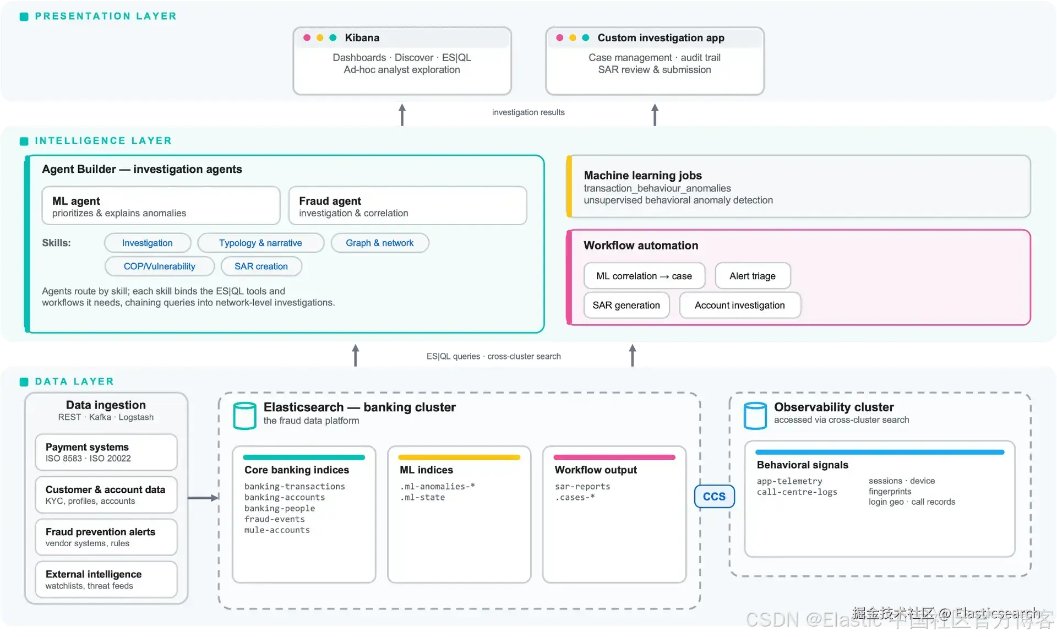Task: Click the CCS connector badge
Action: [x=714, y=496]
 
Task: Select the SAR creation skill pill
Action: [x=261, y=266]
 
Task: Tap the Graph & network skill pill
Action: [x=379, y=243]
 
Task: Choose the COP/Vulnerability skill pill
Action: [x=159, y=266]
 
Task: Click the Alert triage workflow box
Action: [x=753, y=276]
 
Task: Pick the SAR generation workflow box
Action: [x=626, y=305]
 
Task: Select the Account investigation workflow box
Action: [x=740, y=305]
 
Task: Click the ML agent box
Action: [x=161, y=206]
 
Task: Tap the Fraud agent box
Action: [x=407, y=206]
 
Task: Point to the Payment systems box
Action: [x=106, y=452]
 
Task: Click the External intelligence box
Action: [x=106, y=579]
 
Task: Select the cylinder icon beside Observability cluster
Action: [x=755, y=416]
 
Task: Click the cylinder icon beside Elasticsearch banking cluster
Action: [x=244, y=416]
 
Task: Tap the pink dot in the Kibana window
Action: [x=307, y=37]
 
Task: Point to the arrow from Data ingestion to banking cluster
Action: [x=203, y=498]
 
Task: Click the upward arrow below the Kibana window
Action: [x=402, y=115]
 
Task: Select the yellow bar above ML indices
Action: [x=459, y=457]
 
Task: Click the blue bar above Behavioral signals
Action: [x=880, y=452]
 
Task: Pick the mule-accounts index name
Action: [x=277, y=530]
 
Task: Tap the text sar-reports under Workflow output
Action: [x=582, y=487]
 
